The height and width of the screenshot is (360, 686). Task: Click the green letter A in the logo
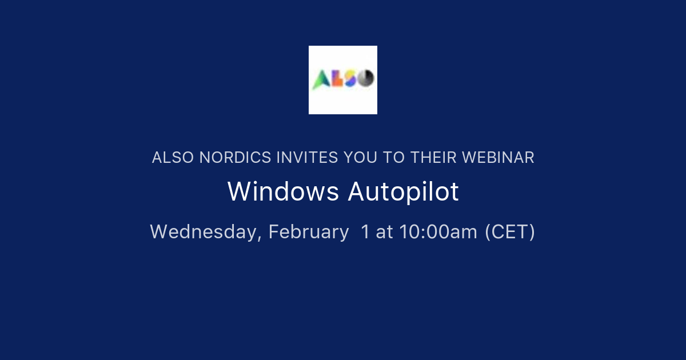[320, 80]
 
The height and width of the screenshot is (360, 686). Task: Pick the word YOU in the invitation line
[361, 158]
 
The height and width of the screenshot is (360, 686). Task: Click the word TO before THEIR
[394, 158]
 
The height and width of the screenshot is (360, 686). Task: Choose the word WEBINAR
[498, 158]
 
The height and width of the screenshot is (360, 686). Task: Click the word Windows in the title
[283, 192]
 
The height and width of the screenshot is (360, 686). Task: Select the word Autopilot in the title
[403, 192]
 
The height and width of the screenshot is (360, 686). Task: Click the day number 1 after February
[365, 232]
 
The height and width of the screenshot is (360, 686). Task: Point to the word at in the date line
[385, 232]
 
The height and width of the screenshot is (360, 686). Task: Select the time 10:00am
[438, 232]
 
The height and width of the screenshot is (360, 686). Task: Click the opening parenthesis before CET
[488, 232]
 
